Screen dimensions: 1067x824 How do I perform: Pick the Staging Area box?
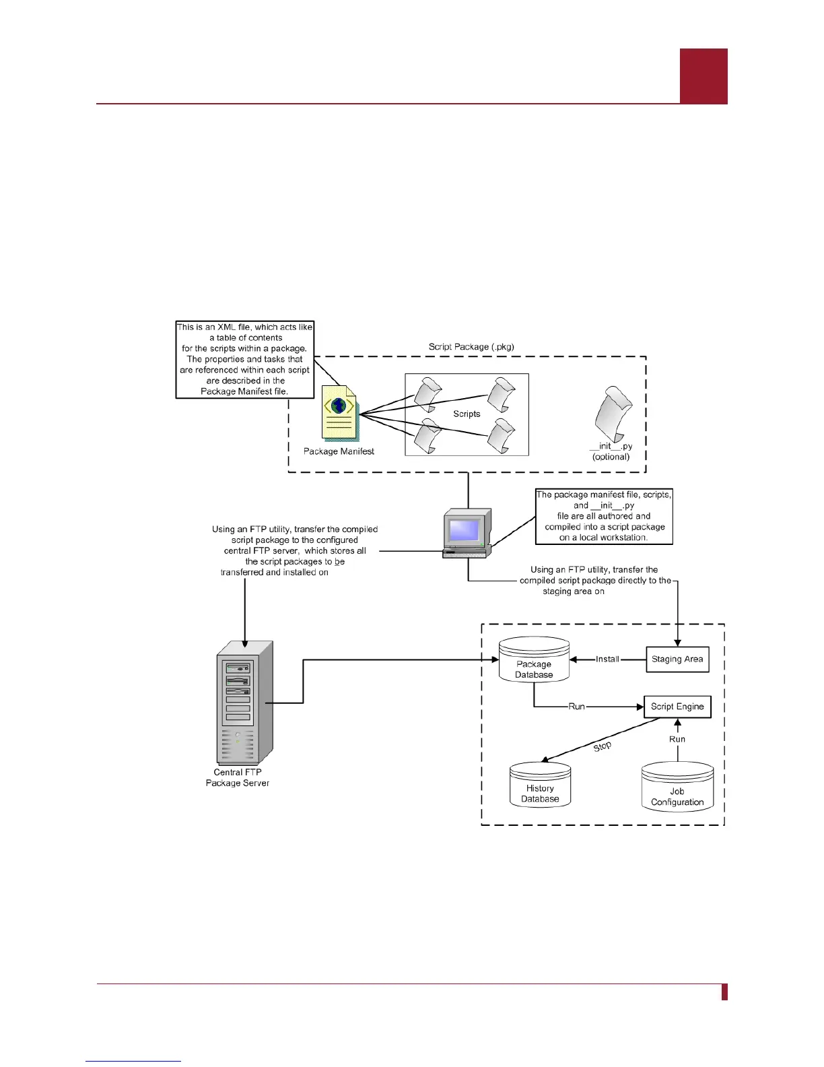pyautogui.click(x=677, y=659)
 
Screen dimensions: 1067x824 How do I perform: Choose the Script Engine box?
pyautogui.click(x=677, y=707)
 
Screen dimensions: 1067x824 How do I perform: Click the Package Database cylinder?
pyautogui.click(x=534, y=659)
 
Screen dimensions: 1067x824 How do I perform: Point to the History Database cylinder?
pyautogui.click(x=540, y=785)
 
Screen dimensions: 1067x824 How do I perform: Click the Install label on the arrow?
pyautogui.click(x=607, y=659)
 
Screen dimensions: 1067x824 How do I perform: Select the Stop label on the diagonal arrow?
pyautogui.click(x=602, y=746)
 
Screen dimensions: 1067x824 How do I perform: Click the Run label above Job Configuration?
pyautogui.click(x=677, y=739)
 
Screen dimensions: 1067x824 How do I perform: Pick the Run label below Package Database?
pyautogui.click(x=577, y=707)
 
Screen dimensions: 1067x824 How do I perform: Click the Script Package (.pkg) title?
pyautogui.click(x=471, y=347)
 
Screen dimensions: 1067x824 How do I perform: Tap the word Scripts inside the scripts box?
pyautogui.click(x=467, y=414)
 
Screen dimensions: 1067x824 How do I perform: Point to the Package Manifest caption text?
pyautogui.click(x=339, y=451)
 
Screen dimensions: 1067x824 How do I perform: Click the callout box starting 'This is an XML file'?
pyautogui.click(x=245, y=360)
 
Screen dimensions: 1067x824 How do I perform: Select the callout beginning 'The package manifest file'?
pyautogui.click(x=604, y=517)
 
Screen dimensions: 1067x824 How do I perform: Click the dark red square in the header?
pyautogui.click(x=703, y=75)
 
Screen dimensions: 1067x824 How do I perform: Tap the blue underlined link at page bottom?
pyautogui.click(x=133, y=1061)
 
